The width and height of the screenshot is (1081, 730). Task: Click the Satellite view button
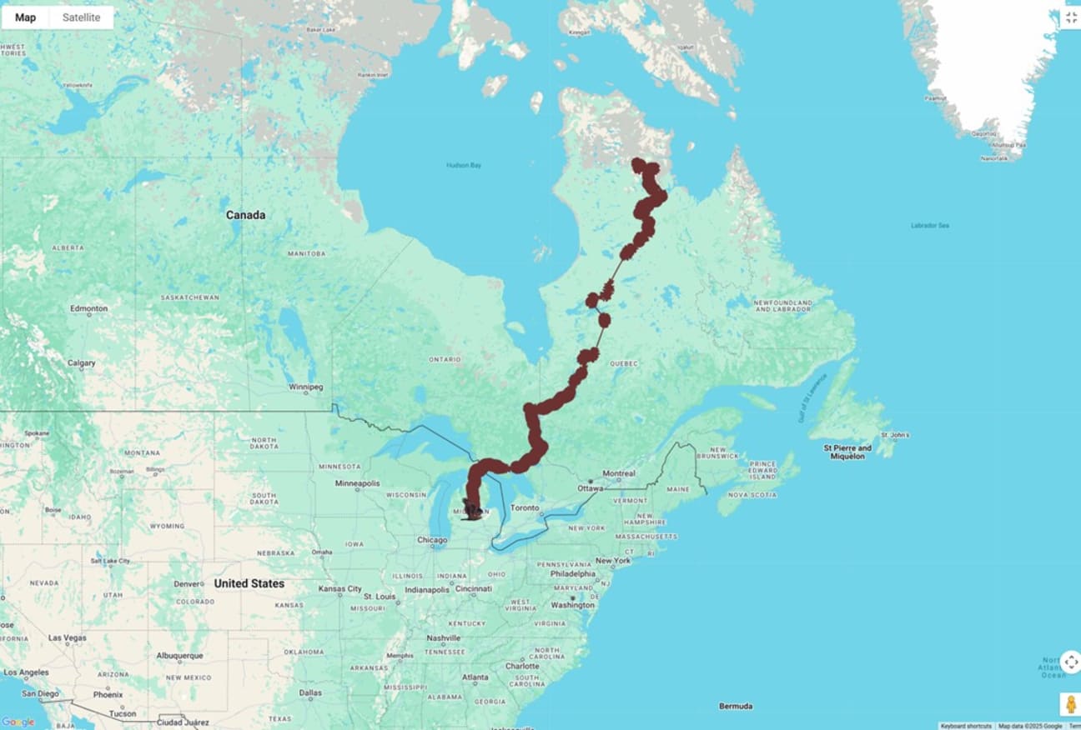(81, 17)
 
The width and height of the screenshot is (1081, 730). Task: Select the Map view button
(25, 17)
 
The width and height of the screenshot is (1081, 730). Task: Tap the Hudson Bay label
(464, 165)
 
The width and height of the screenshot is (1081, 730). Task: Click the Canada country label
(245, 215)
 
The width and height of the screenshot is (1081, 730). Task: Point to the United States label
(249, 583)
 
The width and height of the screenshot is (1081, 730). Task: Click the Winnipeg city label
(305, 387)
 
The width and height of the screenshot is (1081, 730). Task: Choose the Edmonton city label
(89, 308)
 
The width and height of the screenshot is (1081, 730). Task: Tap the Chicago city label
(432, 540)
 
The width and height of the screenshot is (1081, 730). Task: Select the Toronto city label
(525, 507)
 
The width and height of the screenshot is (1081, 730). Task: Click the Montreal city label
(618, 473)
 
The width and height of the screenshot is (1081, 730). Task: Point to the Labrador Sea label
(930, 226)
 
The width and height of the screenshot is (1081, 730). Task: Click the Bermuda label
(736, 706)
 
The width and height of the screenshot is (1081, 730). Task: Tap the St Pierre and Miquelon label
(847, 452)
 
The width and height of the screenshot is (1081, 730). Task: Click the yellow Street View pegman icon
(1071, 704)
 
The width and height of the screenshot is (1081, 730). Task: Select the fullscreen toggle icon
(1071, 17)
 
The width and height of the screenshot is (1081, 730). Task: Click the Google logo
(18, 722)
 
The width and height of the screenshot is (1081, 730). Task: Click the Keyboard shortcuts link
(966, 726)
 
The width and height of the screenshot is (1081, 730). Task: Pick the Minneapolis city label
(357, 483)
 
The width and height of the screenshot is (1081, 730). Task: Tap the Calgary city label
(82, 363)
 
